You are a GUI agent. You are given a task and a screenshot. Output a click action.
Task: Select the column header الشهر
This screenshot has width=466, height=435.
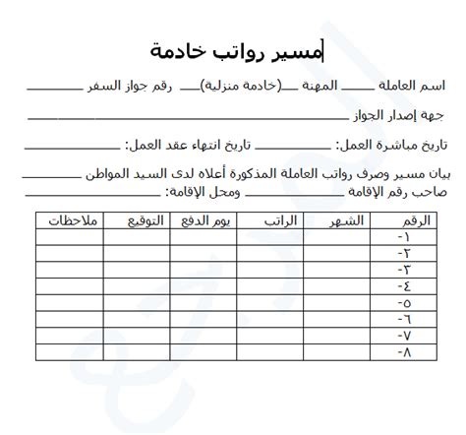click(x=345, y=220)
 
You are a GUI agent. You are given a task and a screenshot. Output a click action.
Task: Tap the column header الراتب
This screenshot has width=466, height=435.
click(x=279, y=220)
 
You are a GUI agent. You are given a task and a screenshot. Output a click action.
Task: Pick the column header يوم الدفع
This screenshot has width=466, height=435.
click(x=206, y=220)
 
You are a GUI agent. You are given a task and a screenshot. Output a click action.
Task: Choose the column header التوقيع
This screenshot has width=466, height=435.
click(x=137, y=220)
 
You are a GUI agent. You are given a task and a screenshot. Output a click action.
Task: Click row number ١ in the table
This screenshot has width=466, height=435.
click(x=404, y=237)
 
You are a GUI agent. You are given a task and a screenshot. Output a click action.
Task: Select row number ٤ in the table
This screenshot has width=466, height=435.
click(x=404, y=285)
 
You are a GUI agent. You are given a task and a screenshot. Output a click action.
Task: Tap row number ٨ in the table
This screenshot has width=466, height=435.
click(x=404, y=350)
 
